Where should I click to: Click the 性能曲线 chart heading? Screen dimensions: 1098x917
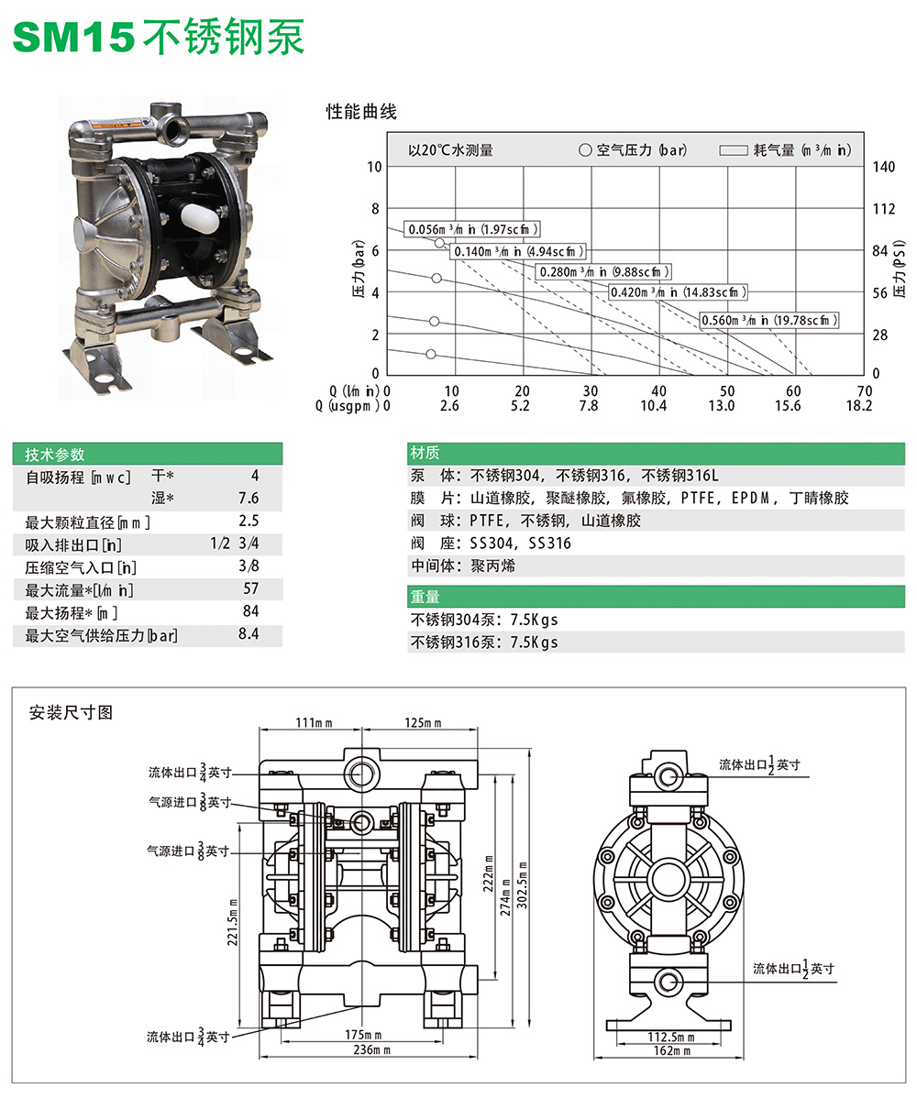click(x=361, y=113)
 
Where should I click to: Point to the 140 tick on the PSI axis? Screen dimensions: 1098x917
click(x=882, y=167)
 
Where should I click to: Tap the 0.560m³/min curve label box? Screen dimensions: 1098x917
click(x=769, y=320)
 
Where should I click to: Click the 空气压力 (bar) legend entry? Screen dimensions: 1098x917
click(x=633, y=150)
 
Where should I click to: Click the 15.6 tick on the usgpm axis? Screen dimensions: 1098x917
click(x=788, y=406)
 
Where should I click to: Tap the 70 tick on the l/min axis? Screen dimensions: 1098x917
click(x=863, y=391)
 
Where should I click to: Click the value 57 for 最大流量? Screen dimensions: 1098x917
click(x=250, y=588)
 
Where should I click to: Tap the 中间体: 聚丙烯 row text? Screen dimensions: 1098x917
click(x=463, y=565)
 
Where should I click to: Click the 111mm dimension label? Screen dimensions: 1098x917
click(x=314, y=724)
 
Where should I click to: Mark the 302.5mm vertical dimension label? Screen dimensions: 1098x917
click(x=523, y=884)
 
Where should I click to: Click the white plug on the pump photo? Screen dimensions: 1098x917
click(x=198, y=214)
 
